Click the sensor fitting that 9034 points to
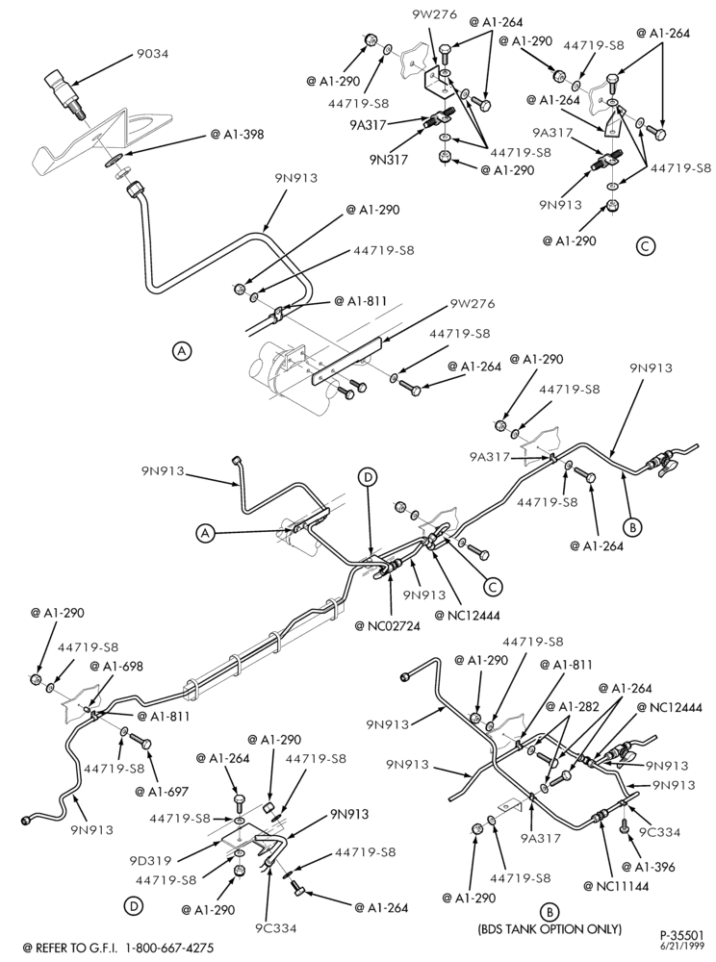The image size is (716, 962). (x=65, y=94)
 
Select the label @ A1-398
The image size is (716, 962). (x=237, y=134)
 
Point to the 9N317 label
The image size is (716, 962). (x=390, y=160)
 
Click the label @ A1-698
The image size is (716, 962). (x=116, y=666)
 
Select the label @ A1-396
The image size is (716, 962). (x=648, y=867)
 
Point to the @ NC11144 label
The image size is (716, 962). (x=616, y=885)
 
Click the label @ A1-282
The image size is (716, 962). (x=573, y=706)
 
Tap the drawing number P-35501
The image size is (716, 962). (x=681, y=936)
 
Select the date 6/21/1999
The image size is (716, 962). (x=686, y=946)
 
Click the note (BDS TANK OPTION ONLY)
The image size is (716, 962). (x=550, y=928)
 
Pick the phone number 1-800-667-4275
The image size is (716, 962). (x=170, y=948)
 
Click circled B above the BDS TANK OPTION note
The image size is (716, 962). (x=550, y=911)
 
